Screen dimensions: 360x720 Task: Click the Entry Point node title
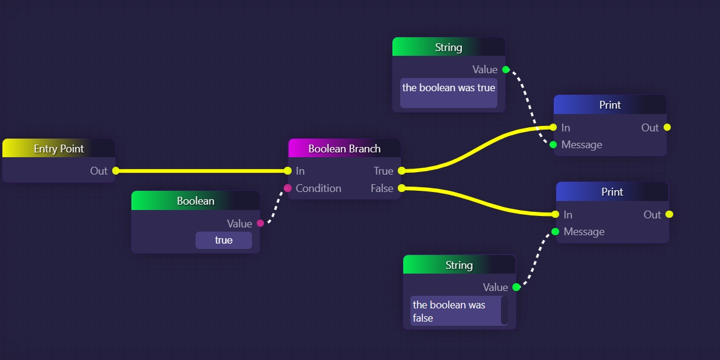point(59,148)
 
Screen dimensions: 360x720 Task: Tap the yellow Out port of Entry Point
point(116,171)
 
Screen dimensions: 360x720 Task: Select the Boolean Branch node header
point(344,148)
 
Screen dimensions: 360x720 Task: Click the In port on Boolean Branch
point(288,171)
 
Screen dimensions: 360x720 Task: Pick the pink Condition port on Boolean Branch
point(288,188)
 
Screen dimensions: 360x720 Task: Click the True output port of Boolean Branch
point(401,171)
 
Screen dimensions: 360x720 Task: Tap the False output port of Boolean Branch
point(401,188)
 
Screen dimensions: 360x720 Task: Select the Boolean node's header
point(196,200)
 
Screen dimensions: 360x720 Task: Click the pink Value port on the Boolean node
point(260,223)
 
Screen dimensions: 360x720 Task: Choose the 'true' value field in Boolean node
point(224,240)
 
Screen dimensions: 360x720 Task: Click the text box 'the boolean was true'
point(449,93)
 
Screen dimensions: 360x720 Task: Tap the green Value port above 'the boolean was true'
point(506,70)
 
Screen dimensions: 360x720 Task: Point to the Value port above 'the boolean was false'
point(516,287)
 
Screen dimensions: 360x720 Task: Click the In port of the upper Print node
point(554,127)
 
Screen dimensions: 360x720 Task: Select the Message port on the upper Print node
point(553,145)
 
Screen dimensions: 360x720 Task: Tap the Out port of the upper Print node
point(667,127)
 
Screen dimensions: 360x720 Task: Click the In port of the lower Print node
point(556,214)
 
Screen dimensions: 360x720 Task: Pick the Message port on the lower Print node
point(556,232)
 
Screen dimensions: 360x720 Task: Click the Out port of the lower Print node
point(669,214)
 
